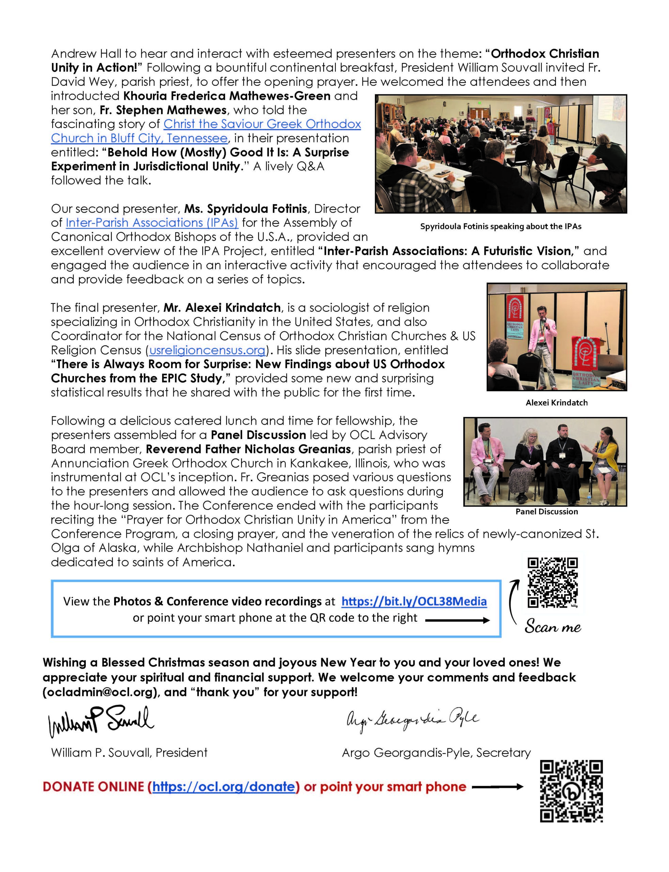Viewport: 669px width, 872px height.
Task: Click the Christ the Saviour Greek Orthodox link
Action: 262,124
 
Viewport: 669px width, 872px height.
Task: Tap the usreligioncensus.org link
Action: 207,350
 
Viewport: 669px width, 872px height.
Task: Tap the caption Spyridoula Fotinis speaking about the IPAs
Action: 500,227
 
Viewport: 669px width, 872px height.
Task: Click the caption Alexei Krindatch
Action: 556,403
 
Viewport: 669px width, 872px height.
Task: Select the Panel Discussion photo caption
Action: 546,512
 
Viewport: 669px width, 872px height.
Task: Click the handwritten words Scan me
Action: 552,627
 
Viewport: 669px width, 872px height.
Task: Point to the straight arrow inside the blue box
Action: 457,620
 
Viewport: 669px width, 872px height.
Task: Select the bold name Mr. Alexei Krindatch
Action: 222,308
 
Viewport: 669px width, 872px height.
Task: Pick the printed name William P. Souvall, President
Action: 129,752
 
